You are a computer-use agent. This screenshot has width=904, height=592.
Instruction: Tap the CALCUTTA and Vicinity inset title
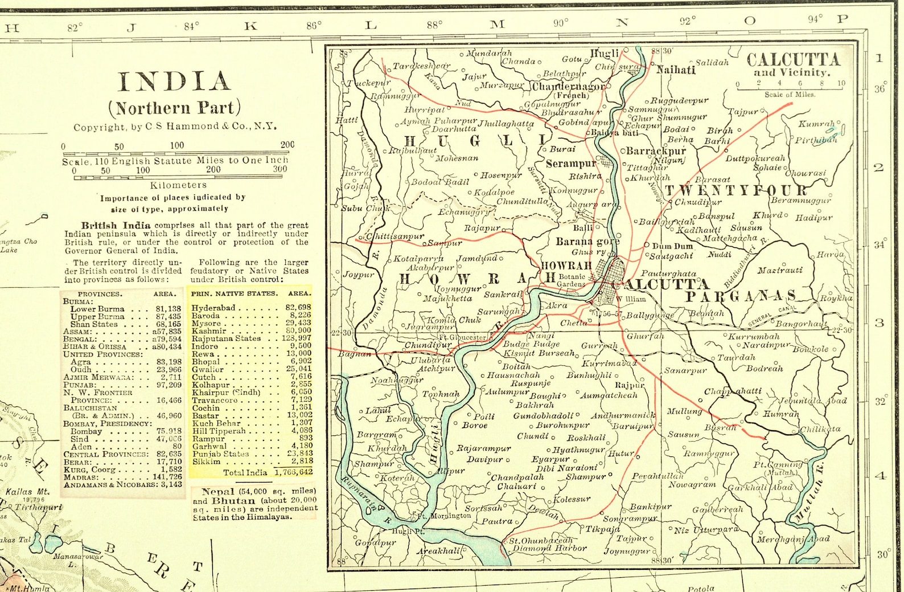792,64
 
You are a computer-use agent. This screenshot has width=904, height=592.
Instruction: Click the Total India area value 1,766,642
293,472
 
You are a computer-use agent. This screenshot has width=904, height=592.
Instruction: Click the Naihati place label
676,70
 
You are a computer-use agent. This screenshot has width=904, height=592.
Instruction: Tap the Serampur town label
571,164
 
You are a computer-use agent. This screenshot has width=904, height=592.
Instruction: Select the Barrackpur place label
656,151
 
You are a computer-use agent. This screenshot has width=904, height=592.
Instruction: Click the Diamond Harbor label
549,548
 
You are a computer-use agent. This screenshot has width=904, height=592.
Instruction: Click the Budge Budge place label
531,344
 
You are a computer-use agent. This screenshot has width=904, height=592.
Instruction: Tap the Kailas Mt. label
27,492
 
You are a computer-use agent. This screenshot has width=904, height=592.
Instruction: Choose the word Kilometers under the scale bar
178,185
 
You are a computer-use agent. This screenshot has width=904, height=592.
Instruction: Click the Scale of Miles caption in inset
790,95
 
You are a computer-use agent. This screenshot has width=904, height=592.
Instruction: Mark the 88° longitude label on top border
434,25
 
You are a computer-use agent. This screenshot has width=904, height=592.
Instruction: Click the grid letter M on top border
498,24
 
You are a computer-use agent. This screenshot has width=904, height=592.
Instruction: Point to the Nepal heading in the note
218,491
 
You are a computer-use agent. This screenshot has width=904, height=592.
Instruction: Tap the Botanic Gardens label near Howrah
570,280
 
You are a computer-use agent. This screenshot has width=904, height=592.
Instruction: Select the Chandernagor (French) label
568,87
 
